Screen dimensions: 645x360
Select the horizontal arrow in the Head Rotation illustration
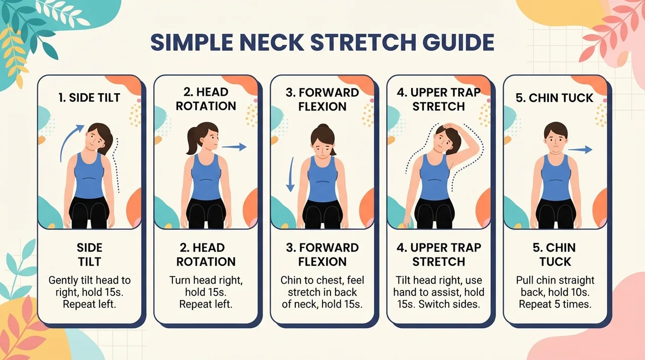pos(234,147)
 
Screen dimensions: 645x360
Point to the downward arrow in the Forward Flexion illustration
pos(291,174)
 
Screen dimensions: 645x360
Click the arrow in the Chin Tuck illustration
pos(580,149)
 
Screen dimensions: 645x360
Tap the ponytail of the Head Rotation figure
pos(192,141)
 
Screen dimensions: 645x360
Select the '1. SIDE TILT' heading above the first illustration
pos(89,98)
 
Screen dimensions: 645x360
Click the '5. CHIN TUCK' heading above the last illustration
pos(555,98)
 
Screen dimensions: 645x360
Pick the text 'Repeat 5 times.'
pos(555,304)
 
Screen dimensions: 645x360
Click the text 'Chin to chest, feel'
pos(322,280)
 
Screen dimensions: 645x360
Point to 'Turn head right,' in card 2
pos(206,280)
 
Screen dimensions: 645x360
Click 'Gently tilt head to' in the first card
pos(90,280)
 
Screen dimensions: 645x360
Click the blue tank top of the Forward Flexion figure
pos(322,178)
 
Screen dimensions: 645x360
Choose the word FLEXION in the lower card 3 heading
pos(322,262)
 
